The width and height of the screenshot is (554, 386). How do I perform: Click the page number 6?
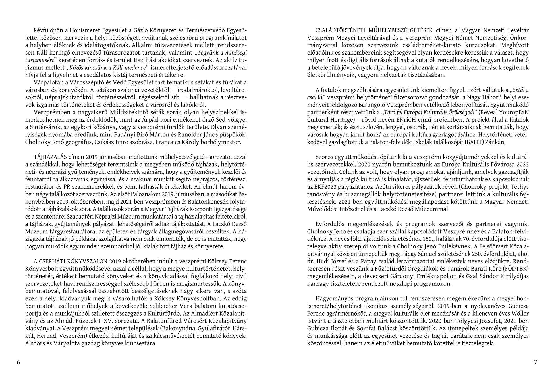tap(18, 362)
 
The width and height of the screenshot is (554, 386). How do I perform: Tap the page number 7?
tap(536, 362)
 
